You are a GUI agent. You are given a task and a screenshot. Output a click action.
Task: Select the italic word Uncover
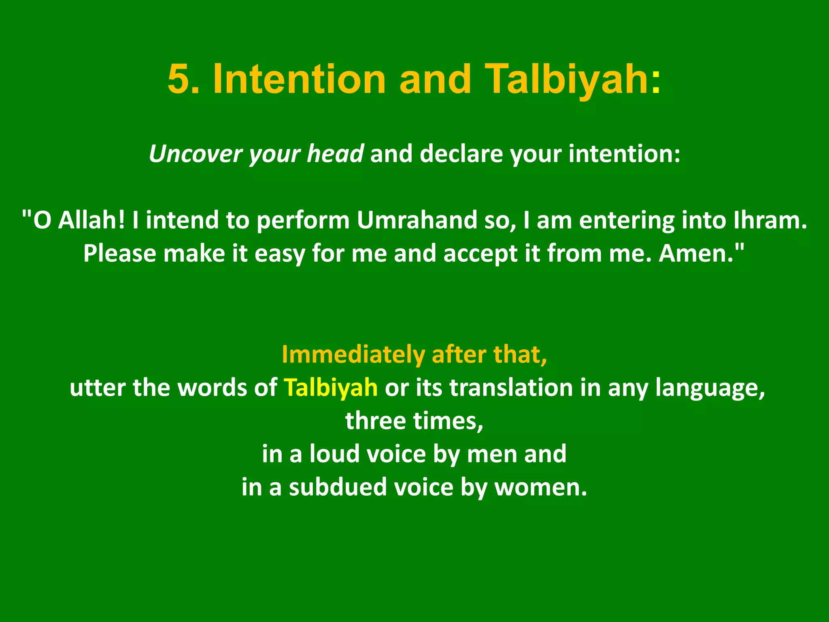pyautogui.click(x=195, y=154)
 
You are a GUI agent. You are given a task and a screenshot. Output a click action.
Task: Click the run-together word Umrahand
pyautogui.click(x=417, y=221)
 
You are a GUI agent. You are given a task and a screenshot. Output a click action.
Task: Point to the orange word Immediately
pyautogui.click(x=353, y=355)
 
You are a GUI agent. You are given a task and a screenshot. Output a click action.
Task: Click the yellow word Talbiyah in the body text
pyautogui.click(x=330, y=388)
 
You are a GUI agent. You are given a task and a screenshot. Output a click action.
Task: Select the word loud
pyautogui.click(x=334, y=454)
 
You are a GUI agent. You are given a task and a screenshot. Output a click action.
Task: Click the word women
pyautogui.click(x=540, y=487)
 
